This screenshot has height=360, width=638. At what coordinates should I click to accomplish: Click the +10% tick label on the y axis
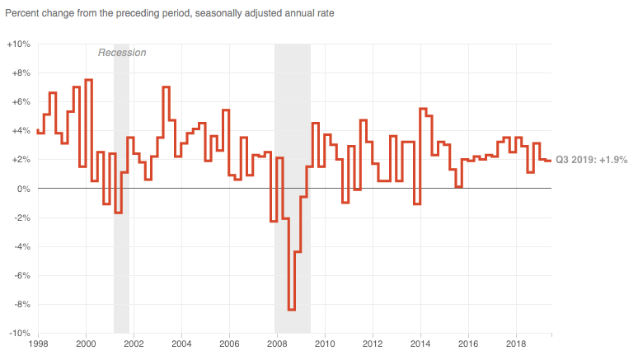click(19, 44)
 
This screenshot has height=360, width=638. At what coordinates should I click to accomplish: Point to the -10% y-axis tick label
click(19, 334)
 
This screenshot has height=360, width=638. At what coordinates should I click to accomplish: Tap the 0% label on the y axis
click(23, 189)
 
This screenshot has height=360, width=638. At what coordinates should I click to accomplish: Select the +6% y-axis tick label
click(21, 102)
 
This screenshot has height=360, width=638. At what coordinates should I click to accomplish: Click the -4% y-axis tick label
click(21, 246)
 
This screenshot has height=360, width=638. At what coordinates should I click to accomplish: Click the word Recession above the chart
click(122, 53)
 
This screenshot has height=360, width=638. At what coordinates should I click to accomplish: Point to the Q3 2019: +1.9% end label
click(591, 160)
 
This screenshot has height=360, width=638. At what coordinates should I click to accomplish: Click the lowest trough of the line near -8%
click(292, 310)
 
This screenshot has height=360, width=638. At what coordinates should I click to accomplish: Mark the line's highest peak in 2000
click(88, 80)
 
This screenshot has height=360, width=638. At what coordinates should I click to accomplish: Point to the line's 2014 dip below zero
click(417, 203)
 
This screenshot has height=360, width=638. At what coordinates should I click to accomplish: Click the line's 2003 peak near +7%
click(166, 86)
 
